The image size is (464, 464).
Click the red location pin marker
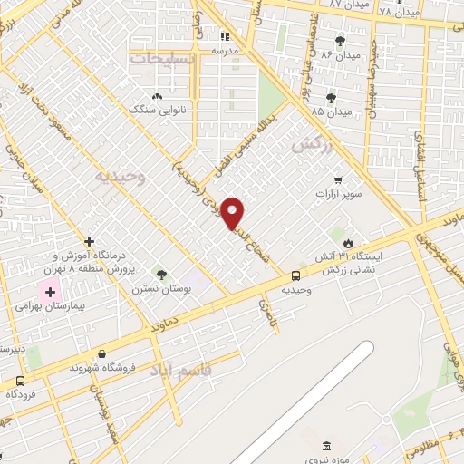[235, 213]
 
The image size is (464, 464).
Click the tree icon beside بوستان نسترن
[161, 275]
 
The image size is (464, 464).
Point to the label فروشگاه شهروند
[109, 370]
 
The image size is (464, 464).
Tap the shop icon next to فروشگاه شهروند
[101, 354]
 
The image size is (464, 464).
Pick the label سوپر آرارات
[339, 194]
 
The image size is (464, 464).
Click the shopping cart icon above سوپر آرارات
[339, 179]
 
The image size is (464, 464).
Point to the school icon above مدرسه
[224, 37]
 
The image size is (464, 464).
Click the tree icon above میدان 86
[340, 41]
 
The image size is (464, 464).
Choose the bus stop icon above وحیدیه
[296, 275]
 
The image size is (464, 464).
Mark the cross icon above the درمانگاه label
[89, 241]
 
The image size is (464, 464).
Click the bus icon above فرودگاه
[20, 380]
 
